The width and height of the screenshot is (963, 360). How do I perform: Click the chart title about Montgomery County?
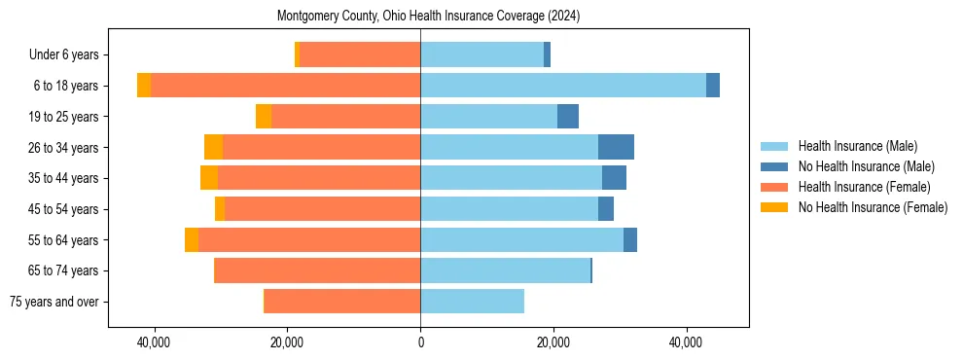coord(428,17)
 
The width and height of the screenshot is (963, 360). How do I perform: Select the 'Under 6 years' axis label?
coord(70,55)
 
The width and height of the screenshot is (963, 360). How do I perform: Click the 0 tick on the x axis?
coord(420,342)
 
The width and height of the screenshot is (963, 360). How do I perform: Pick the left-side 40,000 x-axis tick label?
coord(154,342)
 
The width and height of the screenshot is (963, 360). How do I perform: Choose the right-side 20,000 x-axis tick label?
coord(553,342)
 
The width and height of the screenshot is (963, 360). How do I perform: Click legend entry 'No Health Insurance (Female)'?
coord(872,207)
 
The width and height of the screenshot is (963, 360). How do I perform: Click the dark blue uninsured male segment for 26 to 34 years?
coord(616,147)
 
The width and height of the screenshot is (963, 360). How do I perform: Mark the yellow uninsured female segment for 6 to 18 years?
coord(144,86)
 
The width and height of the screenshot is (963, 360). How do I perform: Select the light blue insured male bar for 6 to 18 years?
coord(563,86)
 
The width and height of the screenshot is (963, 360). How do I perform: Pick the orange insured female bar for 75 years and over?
coord(342,302)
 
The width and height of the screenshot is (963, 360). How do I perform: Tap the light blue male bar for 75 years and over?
coord(472,302)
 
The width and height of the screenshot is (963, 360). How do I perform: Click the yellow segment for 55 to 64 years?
coord(192,239)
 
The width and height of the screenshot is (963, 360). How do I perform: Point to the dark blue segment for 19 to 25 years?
coord(568,117)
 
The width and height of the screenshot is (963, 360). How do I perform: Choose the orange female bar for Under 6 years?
coord(360,55)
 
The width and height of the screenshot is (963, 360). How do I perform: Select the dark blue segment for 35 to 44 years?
coord(614,178)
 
